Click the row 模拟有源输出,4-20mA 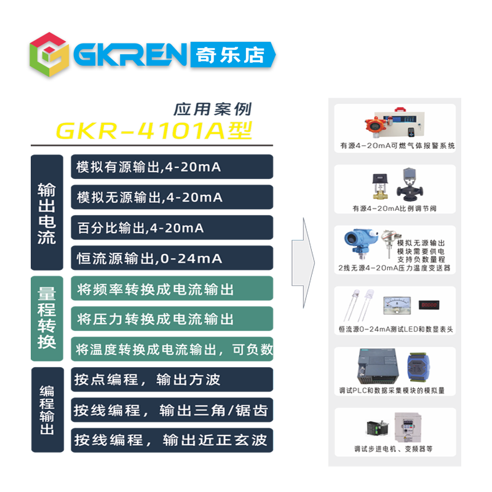point(172,167)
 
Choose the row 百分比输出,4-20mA point(172,228)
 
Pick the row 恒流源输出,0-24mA point(172,258)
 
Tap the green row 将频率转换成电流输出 point(172,289)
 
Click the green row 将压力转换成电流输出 point(172,319)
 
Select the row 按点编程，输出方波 point(172,379)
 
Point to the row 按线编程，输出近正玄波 point(172,440)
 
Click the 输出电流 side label point(47,212)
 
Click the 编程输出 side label point(47,410)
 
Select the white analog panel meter point(392,304)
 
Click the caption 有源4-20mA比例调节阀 point(394,208)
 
